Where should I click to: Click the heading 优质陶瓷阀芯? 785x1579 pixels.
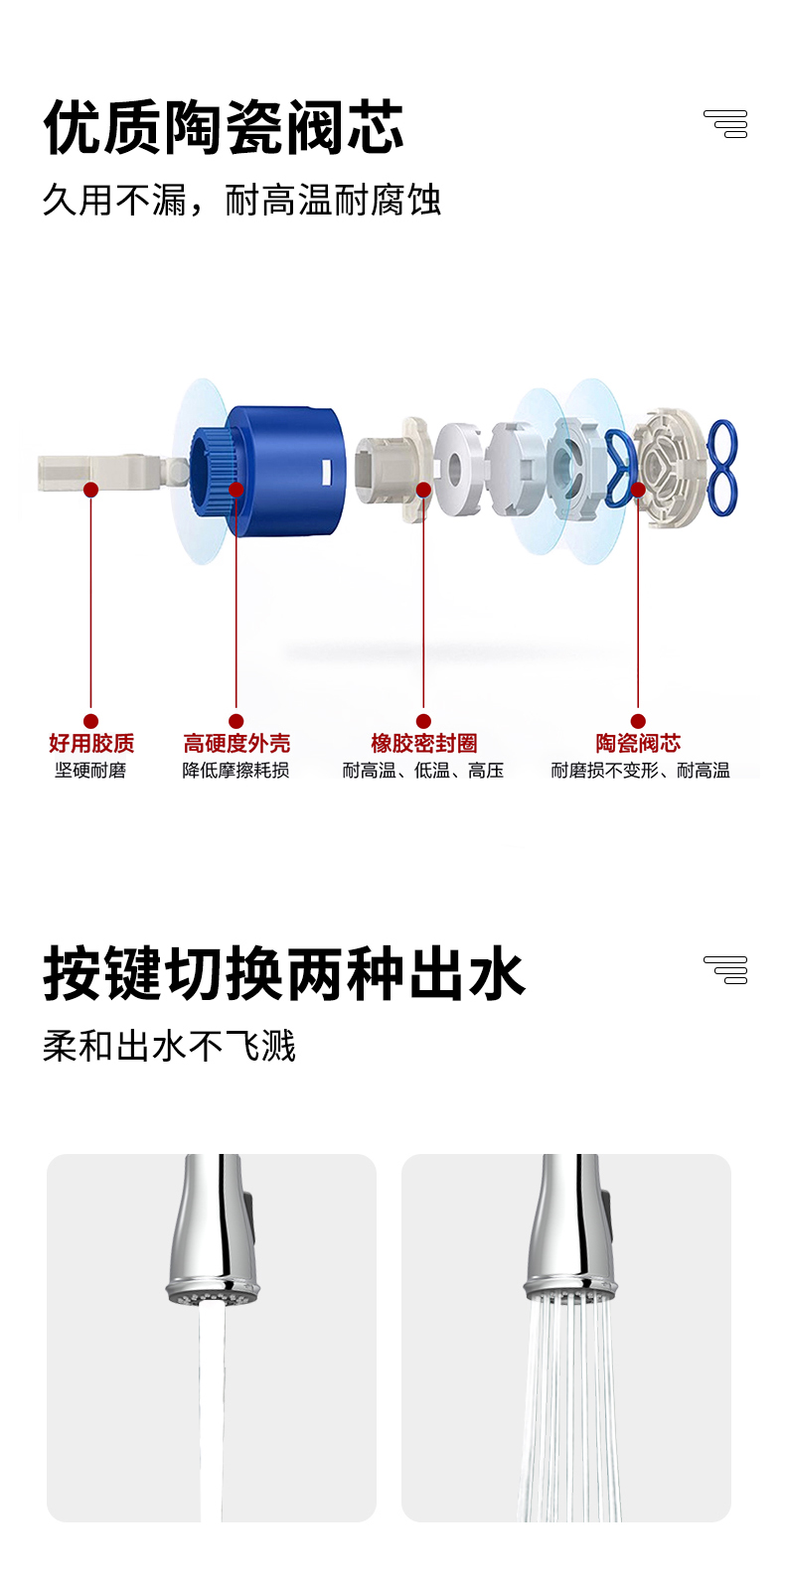[224, 127]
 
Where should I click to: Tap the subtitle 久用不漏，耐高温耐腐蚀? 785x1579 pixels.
[241, 200]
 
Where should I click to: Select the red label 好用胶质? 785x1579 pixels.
[91, 743]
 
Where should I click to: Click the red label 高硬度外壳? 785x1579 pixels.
[236, 743]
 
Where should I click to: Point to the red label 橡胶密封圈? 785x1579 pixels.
[424, 743]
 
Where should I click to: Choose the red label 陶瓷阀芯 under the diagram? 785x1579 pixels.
[638, 743]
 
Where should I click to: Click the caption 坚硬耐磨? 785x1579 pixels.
[90, 771]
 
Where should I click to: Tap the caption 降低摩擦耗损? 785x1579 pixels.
[235, 771]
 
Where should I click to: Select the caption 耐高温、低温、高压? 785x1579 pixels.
[423, 771]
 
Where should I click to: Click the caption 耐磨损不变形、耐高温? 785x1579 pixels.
[640, 771]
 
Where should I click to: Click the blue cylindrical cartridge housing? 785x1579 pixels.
[268, 470]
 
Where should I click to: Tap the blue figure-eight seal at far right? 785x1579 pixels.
[722, 468]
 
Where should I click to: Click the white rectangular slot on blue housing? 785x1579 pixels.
[327, 474]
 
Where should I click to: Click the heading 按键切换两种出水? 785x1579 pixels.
[284, 973]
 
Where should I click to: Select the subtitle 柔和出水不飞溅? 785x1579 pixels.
[169, 1046]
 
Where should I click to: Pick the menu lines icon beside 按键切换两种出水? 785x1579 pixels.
[725, 970]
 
